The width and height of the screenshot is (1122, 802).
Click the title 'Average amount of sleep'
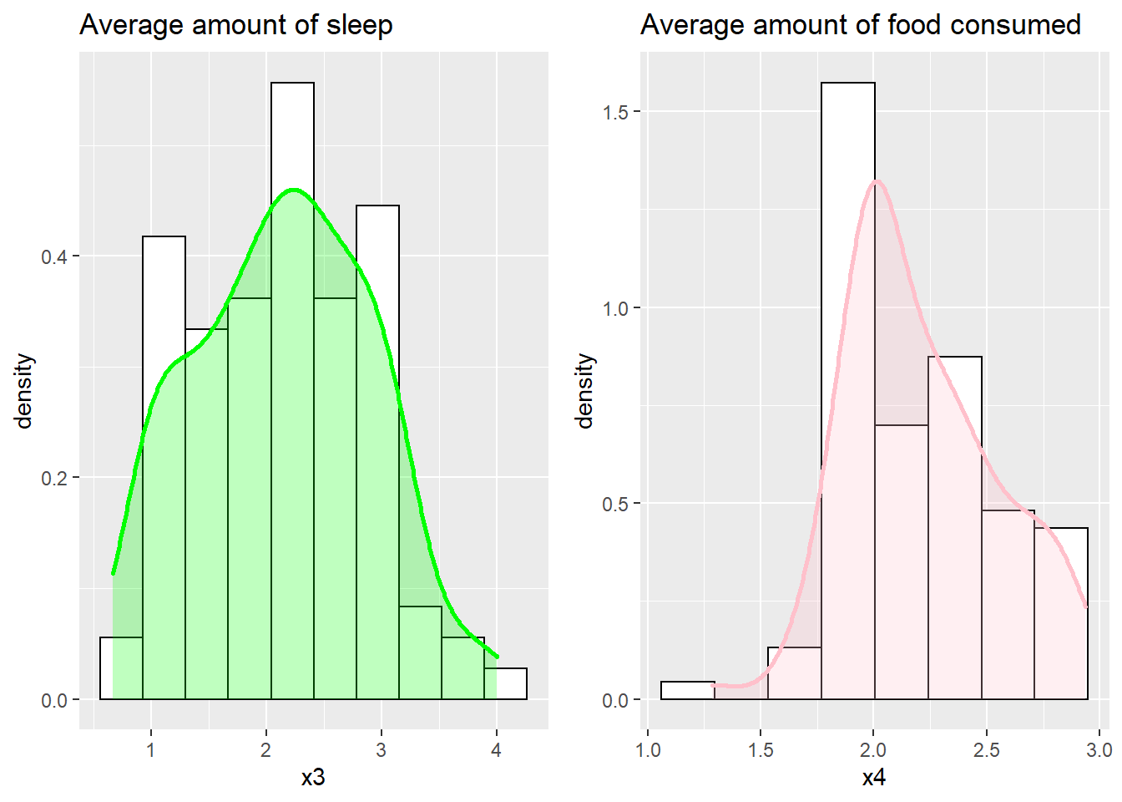(x=235, y=25)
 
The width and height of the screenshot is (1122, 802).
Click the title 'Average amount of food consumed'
(x=860, y=25)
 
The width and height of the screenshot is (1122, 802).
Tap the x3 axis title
(x=313, y=778)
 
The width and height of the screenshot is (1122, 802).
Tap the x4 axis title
(x=873, y=778)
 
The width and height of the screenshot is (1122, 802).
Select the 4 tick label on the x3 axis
(x=497, y=749)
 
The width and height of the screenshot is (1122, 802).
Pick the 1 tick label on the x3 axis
(x=151, y=749)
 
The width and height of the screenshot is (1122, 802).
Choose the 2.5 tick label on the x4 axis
(x=986, y=749)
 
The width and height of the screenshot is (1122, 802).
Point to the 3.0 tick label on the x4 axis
(x=1099, y=749)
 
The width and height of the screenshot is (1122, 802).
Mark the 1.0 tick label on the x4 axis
(x=648, y=749)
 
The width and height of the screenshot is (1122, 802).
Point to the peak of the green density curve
(x=293, y=190)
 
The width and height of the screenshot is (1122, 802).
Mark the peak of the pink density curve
(x=876, y=181)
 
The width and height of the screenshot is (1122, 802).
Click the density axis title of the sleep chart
(x=24, y=391)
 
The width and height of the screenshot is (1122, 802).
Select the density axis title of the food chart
(x=585, y=391)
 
